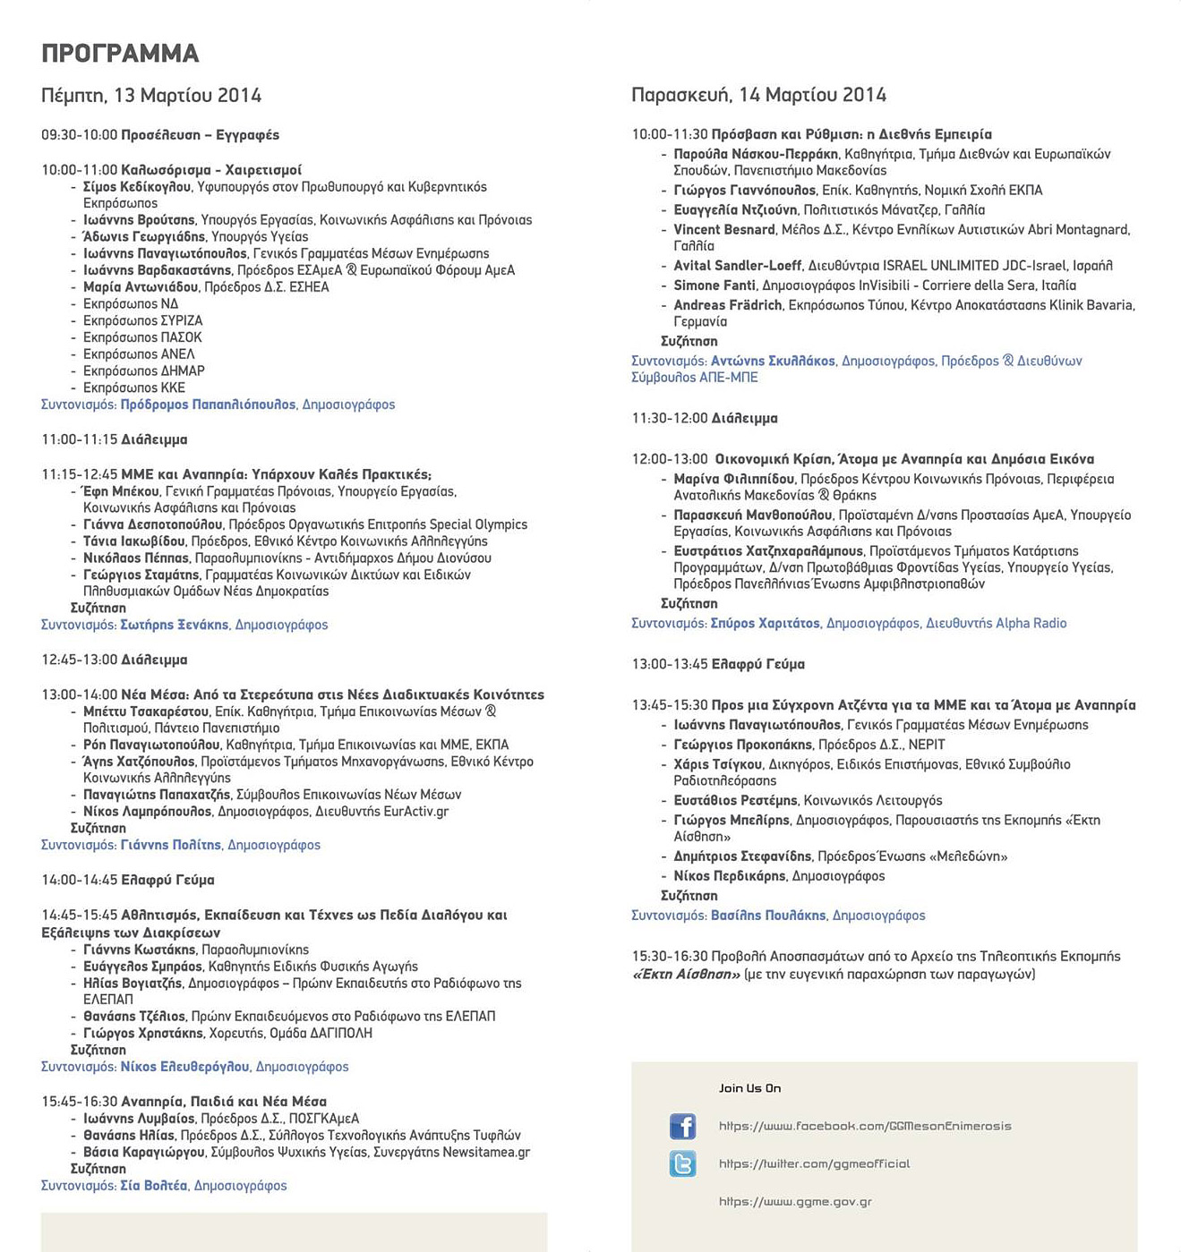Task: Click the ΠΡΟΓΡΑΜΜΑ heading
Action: pyautogui.click(x=120, y=54)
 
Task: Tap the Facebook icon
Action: pyautogui.click(x=682, y=1126)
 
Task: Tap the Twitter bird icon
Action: pyautogui.click(x=682, y=1163)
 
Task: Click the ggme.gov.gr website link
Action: pyautogui.click(x=795, y=1202)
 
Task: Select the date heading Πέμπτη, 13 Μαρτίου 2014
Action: pyautogui.click(x=151, y=96)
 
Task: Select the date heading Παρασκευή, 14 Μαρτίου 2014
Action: pyautogui.click(x=758, y=95)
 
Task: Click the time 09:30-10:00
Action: pyautogui.click(x=79, y=135)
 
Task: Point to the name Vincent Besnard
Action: pyautogui.click(x=723, y=230)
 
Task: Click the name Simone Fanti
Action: pyautogui.click(x=714, y=285)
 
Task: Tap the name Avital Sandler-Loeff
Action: pyautogui.click(x=737, y=266)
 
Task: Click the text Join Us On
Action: pyautogui.click(x=749, y=1088)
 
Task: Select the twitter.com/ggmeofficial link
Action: pyautogui.click(x=814, y=1164)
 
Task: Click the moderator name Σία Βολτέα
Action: pyautogui.click(x=154, y=1186)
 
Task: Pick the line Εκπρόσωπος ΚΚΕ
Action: pyautogui.click(x=134, y=388)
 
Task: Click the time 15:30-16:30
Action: pyautogui.click(x=669, y=957)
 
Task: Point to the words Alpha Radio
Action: pyautogui.click(x=1031, y=624)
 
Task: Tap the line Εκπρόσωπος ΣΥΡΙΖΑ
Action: pyautogui.click(x=142, y=321)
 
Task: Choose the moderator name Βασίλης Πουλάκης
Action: pyautogui.click(x=768, y=916)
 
